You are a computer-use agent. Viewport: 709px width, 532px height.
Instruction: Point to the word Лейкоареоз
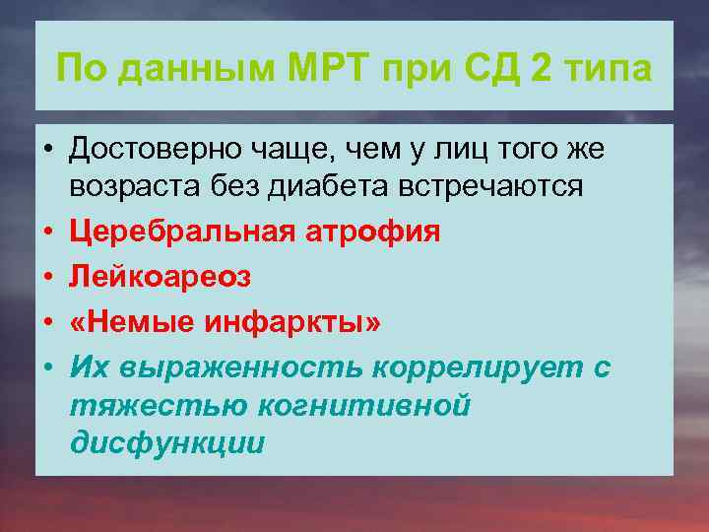[160, 278]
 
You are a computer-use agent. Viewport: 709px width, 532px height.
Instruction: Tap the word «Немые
[132, 323]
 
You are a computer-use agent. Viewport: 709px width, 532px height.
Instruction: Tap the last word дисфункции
[167, 442]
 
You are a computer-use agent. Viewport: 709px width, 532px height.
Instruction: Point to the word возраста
[133, 186]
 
